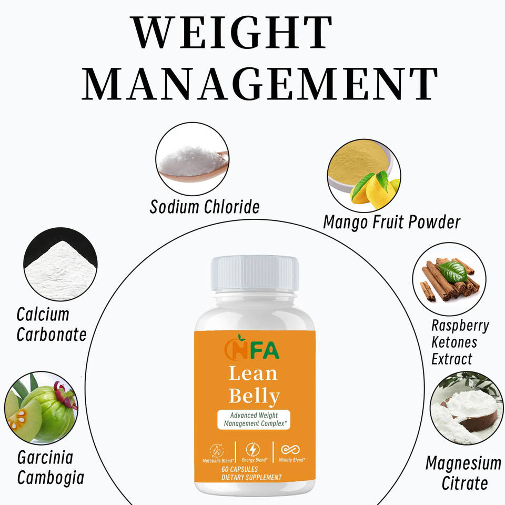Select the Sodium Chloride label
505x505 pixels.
pos(205,206)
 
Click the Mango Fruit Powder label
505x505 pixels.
pos(391,221)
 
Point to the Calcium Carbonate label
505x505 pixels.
pos(51,324)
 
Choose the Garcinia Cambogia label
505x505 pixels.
pos(50,467)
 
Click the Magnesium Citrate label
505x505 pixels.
pos(463,472)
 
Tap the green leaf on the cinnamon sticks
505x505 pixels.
pos(452,271)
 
